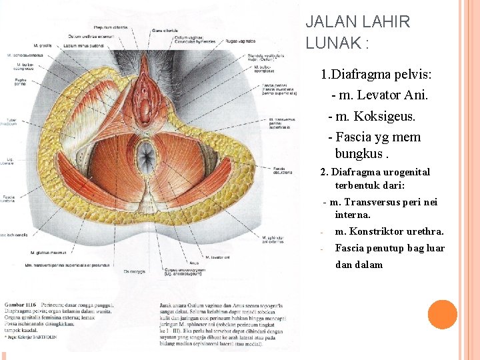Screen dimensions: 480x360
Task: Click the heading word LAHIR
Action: pos(386,22)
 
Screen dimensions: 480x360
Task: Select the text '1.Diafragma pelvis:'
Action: pos(377,74)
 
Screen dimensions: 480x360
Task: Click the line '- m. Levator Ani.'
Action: pos(379,95)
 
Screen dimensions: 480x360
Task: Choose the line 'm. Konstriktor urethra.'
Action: pos(389,232)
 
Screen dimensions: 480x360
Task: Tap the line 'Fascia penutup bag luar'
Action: pos(389,248)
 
